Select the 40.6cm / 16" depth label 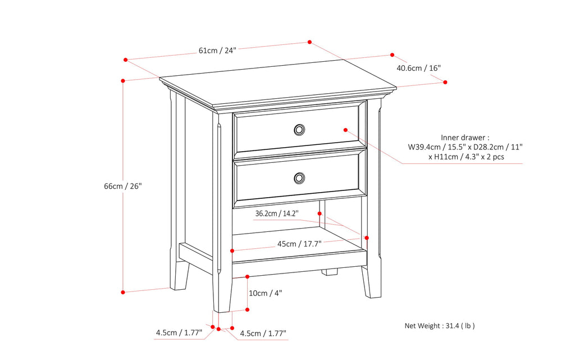(418, 68)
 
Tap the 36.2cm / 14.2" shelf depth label (277, 213)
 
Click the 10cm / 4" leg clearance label (266, 293)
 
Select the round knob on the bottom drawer (299, 178)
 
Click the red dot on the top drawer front (345, 129)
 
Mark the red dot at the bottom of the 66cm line (122, 291)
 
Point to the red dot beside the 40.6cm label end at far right (445, 82)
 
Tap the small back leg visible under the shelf (330, 272)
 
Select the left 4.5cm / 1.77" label (179, 333)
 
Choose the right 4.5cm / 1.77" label (263, 333)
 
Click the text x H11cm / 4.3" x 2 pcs (466, 157)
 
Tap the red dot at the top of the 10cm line (248, 276)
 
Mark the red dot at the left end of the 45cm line (232, 250)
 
